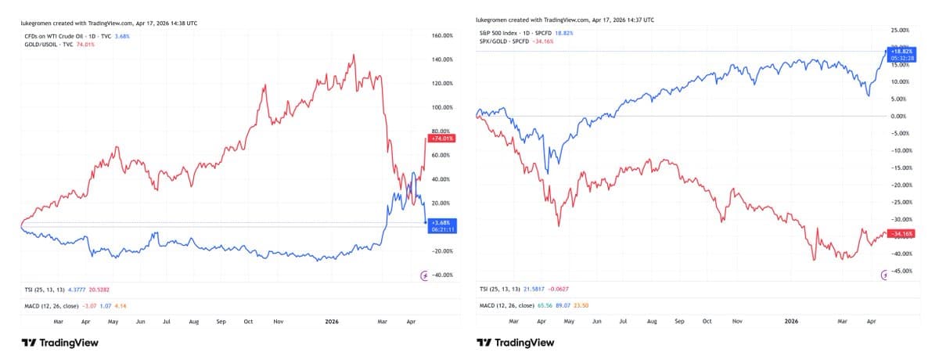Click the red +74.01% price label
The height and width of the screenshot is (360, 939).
(x=443, y=139)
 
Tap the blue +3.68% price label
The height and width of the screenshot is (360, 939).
(x=443, y=223)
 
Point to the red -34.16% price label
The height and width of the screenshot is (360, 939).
(x=898, y=233)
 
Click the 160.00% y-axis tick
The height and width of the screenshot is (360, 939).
(x=443, y=35)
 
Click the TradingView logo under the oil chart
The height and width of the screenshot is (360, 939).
(x=59, y=343)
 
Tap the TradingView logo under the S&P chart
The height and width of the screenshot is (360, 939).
(x=516, y=343)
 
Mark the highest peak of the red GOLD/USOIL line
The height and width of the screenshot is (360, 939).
(x=355, y=55)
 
